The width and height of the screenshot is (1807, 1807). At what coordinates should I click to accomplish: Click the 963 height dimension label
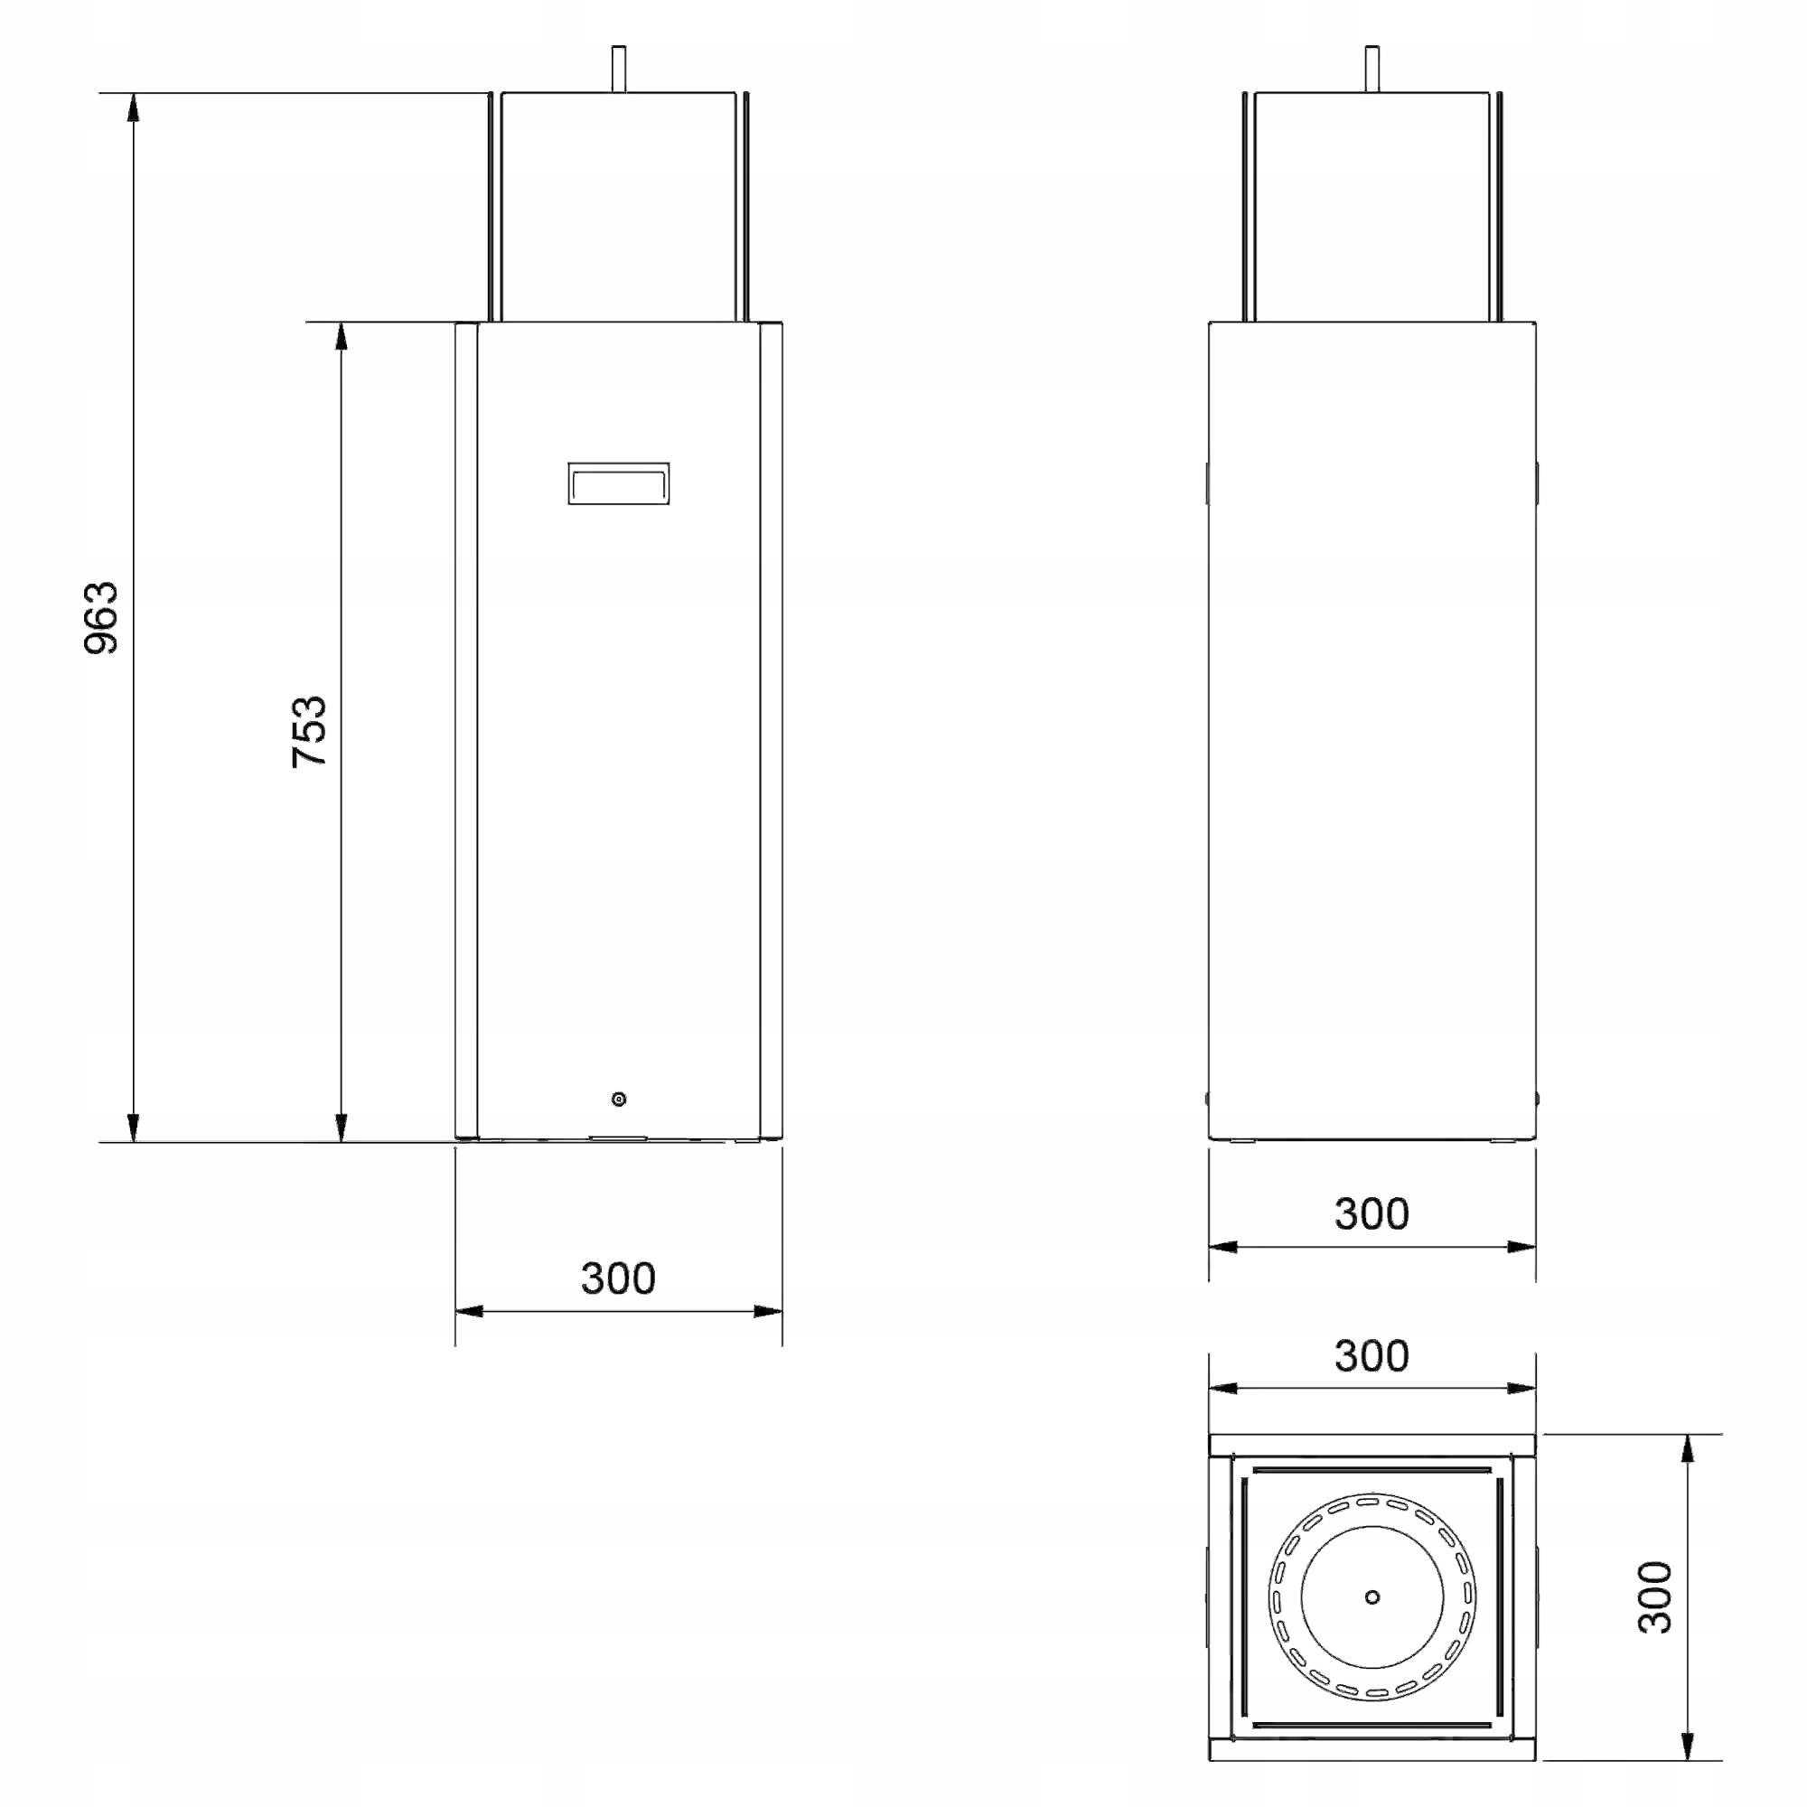tap(102, 617)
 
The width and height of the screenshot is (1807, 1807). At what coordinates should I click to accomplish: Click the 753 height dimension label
tap(309, 732)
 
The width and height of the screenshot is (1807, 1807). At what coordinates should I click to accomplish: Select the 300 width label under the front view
tap(618, 1278)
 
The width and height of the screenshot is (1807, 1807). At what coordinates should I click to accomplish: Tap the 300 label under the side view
tap(1372, 1213)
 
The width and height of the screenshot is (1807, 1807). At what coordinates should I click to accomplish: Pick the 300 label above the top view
tap(1372, 1355)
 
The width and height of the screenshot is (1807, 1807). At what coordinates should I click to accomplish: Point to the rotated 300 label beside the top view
tap(1655, 1596)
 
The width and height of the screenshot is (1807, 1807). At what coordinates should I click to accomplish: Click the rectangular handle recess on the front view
tap(618, 482)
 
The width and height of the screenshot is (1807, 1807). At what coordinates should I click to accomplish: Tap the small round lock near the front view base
tap(618, 1099)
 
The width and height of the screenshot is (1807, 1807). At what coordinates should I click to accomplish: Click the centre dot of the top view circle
tap(1372, 1596)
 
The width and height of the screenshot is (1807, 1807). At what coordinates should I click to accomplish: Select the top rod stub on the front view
tap(618, 69)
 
